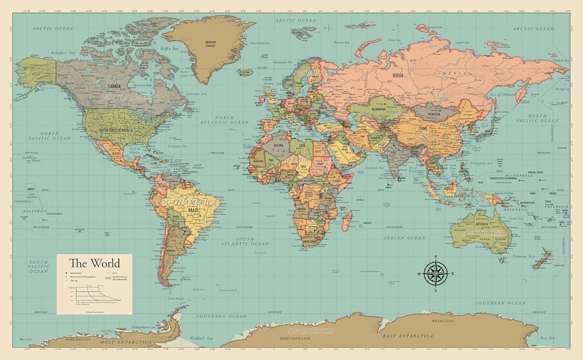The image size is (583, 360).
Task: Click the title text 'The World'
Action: pos(94,263)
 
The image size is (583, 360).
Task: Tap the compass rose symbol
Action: pos(436,273)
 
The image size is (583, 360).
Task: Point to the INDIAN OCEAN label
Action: pos(404,237)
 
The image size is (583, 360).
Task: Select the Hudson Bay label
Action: pos(143,85)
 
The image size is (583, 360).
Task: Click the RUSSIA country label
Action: pos(398,76)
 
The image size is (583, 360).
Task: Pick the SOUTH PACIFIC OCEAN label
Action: pos(39,266)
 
